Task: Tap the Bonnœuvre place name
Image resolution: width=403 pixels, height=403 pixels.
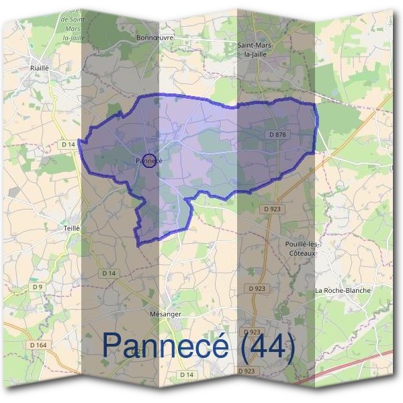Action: (154, 38)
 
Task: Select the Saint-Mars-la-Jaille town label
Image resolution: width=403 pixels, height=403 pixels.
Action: (255, 49)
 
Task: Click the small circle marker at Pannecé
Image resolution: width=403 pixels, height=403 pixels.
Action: (150, 161)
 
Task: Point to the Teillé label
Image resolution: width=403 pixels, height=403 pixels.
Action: (71, 228)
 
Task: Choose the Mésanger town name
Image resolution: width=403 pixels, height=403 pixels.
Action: (166, 314)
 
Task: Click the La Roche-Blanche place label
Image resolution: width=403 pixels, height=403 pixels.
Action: (343, 290)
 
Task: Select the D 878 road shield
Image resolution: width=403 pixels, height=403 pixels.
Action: (277, 135)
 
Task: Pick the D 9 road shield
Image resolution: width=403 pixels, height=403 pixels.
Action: (38, 287)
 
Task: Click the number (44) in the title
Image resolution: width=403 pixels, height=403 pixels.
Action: (265, 345)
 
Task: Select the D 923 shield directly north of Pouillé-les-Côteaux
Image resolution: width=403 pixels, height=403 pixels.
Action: (272, 209)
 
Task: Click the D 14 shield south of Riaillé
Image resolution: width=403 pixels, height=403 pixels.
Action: (67, 144)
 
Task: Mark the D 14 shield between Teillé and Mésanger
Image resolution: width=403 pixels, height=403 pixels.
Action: (108, 273)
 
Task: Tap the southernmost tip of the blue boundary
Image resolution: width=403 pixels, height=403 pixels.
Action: (138, 246)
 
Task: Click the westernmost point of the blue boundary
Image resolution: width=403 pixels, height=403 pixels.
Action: (79, 141)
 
